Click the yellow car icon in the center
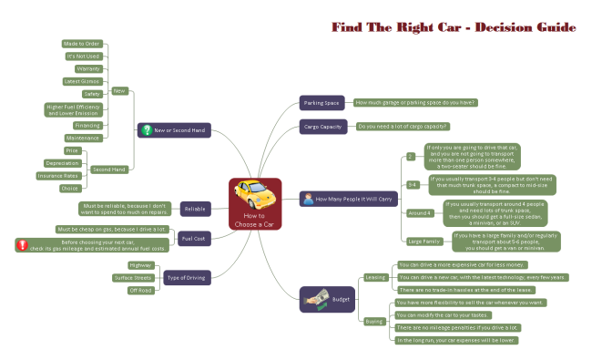[x=250, y=193]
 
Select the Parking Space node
[x=321, y=103]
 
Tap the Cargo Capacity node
[x=322, y=127]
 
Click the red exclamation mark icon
[x=21, y=244]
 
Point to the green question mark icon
[x=147, y=130]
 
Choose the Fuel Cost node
[x=192, y=239]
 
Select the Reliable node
[x=196, y=210]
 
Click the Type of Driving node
[x=188, y=277]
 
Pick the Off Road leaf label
[x=140, y=291]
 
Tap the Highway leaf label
[x=140, y=264]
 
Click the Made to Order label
[x=81, y=43]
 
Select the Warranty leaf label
[x=87, y=68]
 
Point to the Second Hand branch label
[x=108, y=169]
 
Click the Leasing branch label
[x=375, y=276]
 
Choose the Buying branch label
[x=374, y=321]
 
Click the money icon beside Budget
[x=316, y=297]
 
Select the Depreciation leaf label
[x=62, y=163]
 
